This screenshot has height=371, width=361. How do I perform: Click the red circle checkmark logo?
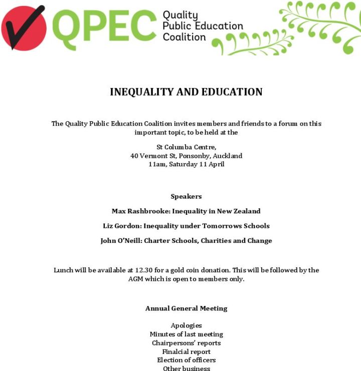[24, 28]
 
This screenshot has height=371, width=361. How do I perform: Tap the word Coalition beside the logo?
[184, 37]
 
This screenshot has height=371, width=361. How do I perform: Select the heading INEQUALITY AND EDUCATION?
[186, 92]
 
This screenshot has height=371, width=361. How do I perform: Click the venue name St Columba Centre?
[186, 147]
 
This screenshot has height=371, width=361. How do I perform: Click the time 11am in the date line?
[157, 164]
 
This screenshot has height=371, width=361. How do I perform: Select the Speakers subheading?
[186, 196]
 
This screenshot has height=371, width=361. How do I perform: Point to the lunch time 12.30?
[144, 270]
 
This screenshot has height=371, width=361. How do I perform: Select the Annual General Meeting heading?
[186, 308]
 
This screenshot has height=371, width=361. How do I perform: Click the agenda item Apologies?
[186, 325]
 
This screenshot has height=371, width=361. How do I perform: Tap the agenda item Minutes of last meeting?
[186, 334]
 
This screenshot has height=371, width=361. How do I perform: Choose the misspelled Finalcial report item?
[186, 351]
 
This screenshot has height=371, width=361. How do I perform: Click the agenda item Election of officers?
[186, 360]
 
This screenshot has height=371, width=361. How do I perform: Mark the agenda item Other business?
[186, 368]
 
